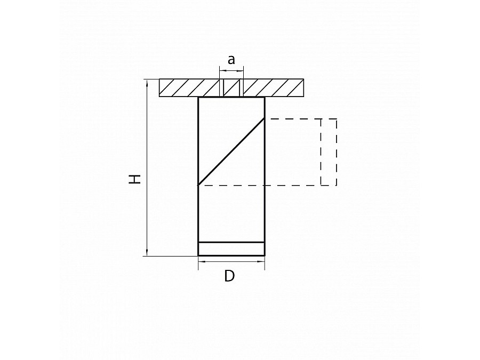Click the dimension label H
tap(137, 179)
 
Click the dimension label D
tap(229, 276)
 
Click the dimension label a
tap(231, 60)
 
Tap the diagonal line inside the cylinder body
tap(231, 151)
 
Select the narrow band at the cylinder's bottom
tap(231, 249)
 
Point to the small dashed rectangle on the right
tap(329, 152)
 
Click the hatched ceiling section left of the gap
tap(189, 88)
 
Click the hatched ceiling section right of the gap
tap(274, 88)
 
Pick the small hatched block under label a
tap(231, 88)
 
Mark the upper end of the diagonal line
tap(263, 119)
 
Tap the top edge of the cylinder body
tap(231, 98)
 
